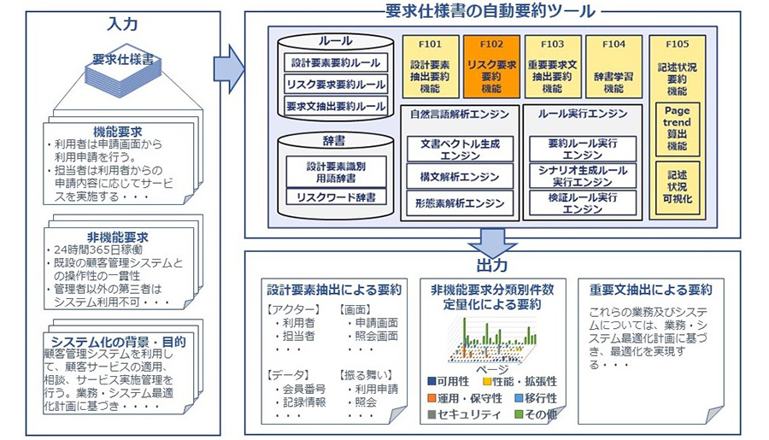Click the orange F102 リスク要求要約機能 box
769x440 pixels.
pos(491,66)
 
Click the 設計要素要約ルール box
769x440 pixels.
pos(335,62)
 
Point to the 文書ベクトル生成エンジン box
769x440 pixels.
pos(460,150)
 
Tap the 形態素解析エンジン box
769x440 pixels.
pos(460,204)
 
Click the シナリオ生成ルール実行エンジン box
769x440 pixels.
pos(583,176)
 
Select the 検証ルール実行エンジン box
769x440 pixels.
pos(583,203)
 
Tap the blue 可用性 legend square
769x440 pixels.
pos(432,381)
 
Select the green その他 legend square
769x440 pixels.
pos(520,414)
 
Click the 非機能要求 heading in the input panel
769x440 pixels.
pos(124,237)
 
